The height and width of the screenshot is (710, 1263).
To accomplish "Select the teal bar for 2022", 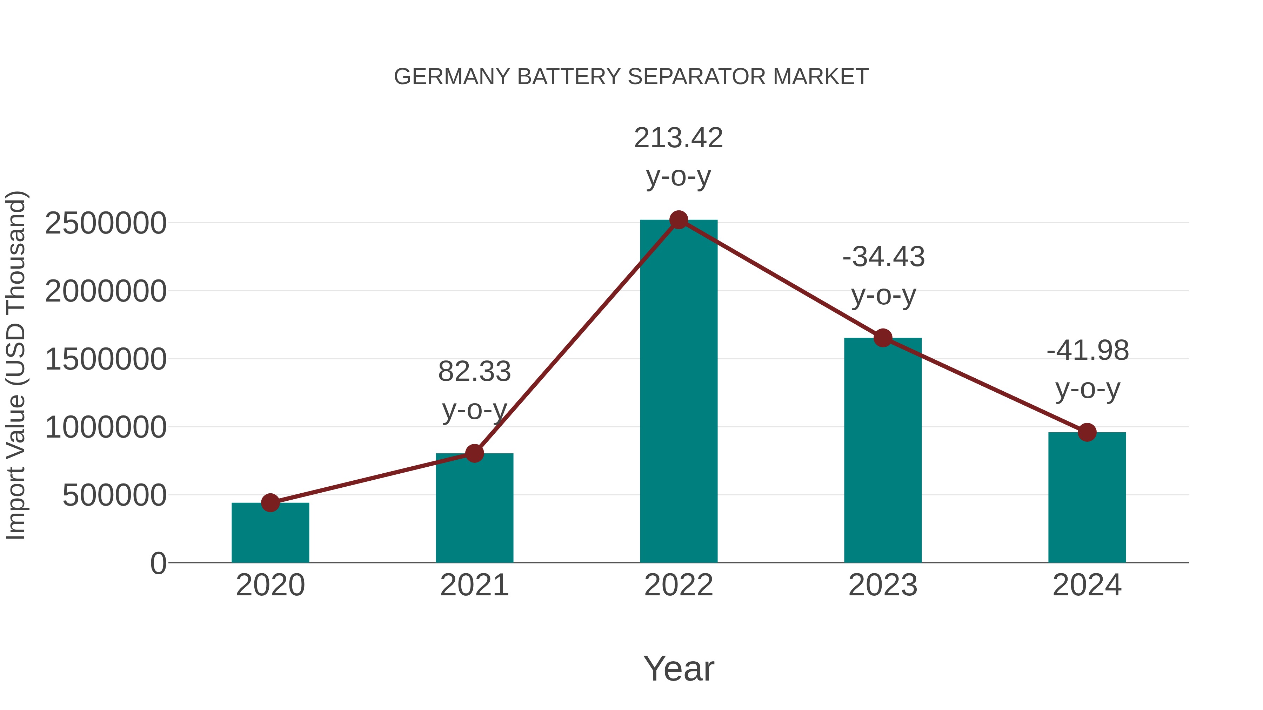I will click(679, 392).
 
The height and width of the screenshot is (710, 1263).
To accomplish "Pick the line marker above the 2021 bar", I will click(474, 453).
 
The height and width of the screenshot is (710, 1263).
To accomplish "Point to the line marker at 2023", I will click(883, 338).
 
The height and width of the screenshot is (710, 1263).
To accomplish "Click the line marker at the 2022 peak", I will click(679, 220).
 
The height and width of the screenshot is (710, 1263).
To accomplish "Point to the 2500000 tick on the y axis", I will click(105, 223).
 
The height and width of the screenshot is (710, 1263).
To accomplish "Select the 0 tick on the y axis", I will click(158, 563).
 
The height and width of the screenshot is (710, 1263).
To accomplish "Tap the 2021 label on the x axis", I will click(474, 585).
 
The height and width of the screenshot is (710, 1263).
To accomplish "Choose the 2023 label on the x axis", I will click(883, 585).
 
